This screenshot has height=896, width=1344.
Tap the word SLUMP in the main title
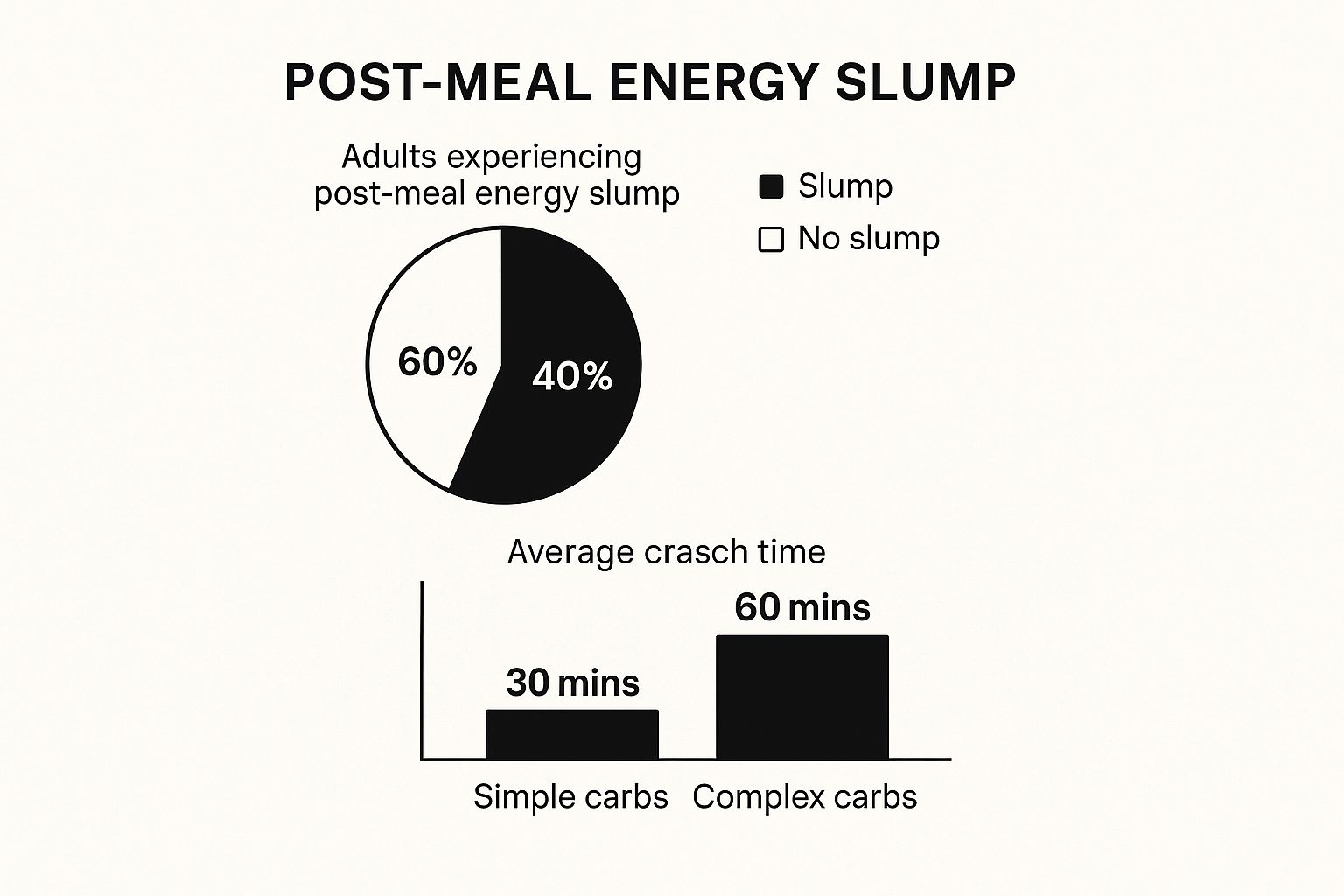pyautogui.click(x=925, y=83)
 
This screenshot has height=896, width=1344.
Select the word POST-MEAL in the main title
pyautogui.click(x=437, y=83)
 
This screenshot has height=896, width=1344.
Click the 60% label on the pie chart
pyautogui.click(x=437, y=362)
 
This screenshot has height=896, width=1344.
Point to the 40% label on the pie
pyautogui.click(x=572, y=376)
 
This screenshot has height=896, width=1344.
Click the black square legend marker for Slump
pyautogui.click(x=771, y=186)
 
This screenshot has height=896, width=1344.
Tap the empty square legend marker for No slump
pyautogui.click(x=771, y=239)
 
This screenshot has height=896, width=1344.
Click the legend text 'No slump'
pyautogui.click(x=868, y=238)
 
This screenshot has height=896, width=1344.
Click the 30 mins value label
pyautogui.click(x=572, y=682)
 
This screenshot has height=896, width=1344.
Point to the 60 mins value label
pyautogui.click(x=801, y=607)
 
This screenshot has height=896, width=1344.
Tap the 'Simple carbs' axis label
pyautogui.click(x=570, y=796)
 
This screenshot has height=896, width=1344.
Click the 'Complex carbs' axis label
pyautogui.click(x=804, y=796)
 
